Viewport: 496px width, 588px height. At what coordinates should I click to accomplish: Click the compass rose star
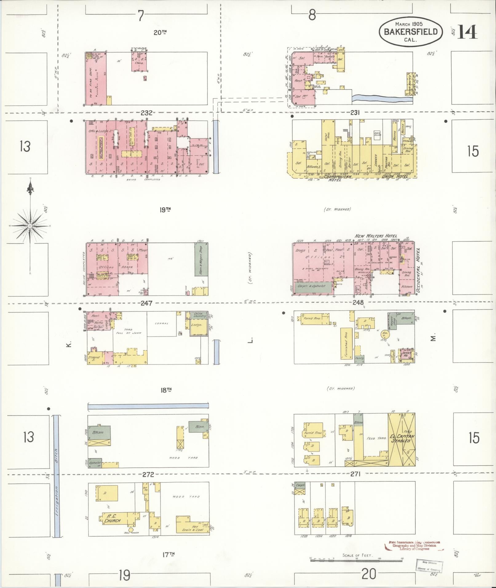click(30, 226)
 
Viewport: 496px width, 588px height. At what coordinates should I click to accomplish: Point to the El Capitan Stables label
click(402, 438)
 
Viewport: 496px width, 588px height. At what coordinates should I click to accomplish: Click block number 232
click(146, 113)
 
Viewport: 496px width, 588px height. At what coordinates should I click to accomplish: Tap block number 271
click(355, 474)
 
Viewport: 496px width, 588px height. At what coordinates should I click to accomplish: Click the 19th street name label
click(165, 210)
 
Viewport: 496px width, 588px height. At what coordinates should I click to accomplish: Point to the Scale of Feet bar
click(356, 560)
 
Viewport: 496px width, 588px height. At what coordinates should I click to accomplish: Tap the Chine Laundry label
click(198, 315)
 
